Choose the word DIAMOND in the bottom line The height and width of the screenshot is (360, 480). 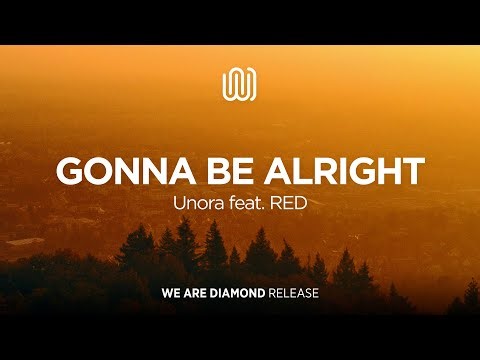pyautogui.click(x=240, y=295)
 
